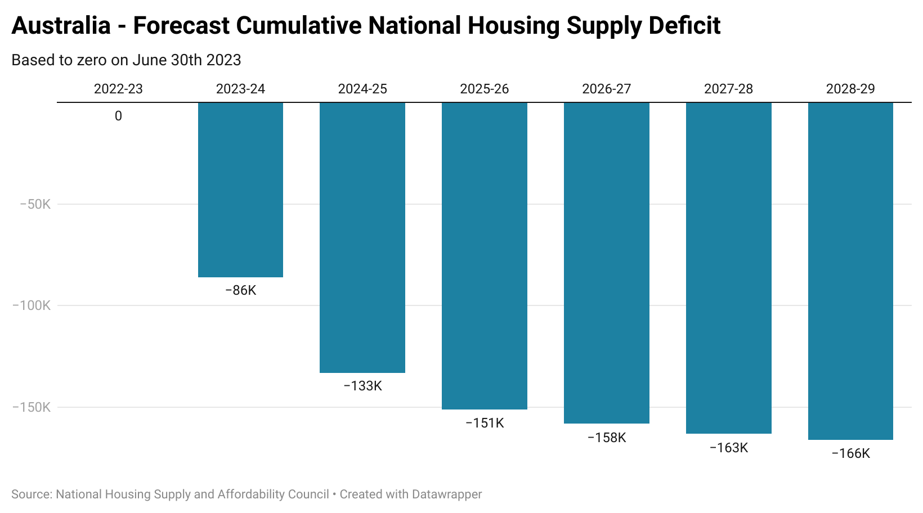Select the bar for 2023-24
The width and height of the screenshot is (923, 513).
pos(240,190)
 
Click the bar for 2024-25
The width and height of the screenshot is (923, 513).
pos(362,237)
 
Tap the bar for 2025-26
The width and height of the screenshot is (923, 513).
pos(485,256)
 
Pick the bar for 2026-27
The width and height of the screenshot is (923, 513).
pos(607,263)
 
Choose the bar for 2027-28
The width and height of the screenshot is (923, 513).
pos(729,268)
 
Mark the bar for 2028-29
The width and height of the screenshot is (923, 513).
pos(850,271)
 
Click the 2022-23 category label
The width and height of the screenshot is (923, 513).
pos(118,89)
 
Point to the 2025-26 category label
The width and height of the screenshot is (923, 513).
pos(485,89)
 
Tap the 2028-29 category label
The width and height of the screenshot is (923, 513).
pos(850,89)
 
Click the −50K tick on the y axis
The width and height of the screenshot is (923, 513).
pos(35,204)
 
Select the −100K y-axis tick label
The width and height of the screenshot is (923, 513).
pos(32,305)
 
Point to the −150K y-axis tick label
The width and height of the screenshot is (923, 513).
pos(32,407)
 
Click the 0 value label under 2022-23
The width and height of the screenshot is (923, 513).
pos(118,116)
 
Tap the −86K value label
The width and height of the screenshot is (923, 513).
pos(240,290)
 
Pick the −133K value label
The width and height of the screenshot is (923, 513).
pos(362,386)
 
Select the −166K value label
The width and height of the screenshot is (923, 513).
pos(850,453)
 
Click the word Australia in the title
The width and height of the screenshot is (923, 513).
pos(61,26)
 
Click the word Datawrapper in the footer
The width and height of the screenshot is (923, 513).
pos(447,494)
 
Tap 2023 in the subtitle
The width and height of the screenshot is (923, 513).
pos(225,60)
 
